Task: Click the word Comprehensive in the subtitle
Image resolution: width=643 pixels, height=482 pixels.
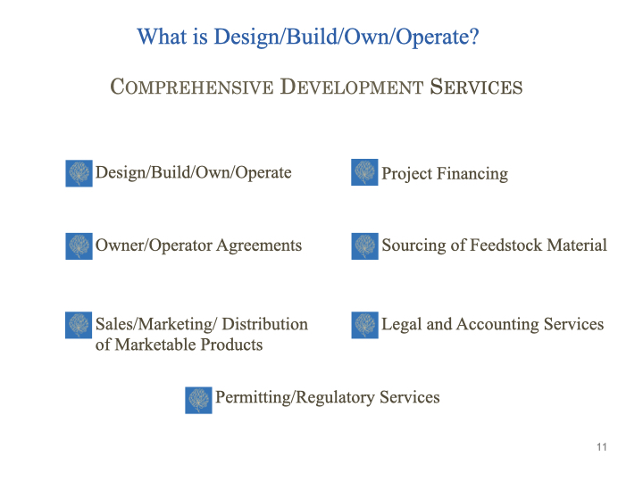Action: pos(191,87)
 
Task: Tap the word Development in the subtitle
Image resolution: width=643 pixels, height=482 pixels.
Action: pos(352,87)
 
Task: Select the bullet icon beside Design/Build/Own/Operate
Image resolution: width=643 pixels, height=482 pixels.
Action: pos(79,173)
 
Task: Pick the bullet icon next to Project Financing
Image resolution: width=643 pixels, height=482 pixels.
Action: pos(364,172)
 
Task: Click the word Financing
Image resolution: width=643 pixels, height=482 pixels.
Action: pos(472,174)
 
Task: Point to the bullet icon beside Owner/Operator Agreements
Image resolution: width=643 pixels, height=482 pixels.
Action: pos(79,246)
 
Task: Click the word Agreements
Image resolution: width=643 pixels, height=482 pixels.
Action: pos(259,246)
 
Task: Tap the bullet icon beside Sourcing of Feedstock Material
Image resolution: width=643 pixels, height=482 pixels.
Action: pos(364,246)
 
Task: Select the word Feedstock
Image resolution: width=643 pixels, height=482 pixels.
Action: pos(506,245)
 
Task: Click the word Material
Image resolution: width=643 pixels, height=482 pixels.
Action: pos(577,245)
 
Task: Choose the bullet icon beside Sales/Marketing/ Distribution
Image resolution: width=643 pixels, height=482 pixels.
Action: pos(79,325)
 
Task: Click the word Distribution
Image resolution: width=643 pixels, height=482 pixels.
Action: pos(265,324)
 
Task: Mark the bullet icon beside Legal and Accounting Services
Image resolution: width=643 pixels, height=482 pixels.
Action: pos(364,325)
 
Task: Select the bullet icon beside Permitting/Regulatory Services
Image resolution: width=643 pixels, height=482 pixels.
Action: pos(198,400)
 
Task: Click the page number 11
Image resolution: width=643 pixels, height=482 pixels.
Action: pos(602,447)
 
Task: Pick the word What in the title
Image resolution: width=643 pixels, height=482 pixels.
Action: pos(162,37)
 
